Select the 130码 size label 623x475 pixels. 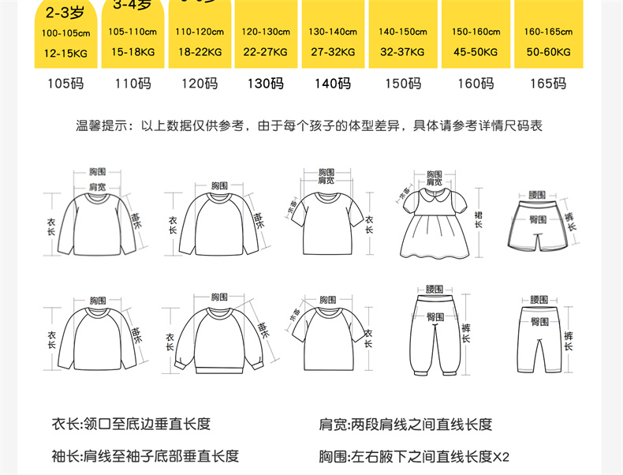pos(266,84)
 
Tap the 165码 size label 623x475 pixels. pos(548,84)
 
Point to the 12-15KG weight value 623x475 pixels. pos(66,52)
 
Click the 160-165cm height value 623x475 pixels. pos(548,32)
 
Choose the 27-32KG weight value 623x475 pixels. pos(333,52)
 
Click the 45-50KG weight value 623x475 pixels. pos(476,52)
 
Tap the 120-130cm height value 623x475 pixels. pos(266,32)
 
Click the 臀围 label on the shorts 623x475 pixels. pos(539,219)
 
